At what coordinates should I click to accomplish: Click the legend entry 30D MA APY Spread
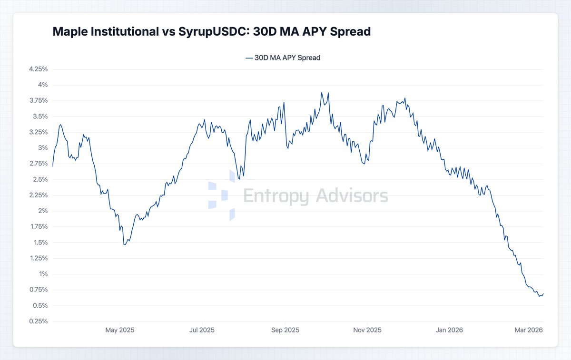tap(283, 58)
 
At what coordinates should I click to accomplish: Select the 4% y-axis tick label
tap(43, 85)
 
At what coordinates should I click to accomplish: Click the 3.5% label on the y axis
tap(40, 117)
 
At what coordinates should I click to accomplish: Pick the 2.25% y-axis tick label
tap(38, 195)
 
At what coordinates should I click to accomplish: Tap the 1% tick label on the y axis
tap(43, 274)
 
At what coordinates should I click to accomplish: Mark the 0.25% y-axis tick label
tap(38, 321)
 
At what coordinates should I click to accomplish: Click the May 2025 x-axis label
tap(119, 330)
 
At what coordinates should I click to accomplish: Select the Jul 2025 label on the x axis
tap(202, 330)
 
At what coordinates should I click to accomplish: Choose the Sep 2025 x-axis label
tap(285, 330)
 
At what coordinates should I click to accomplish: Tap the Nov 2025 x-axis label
tap(367, 330)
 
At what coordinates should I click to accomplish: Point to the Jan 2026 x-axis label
tap(449, 330)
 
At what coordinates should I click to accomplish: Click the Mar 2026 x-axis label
tap(528, 330)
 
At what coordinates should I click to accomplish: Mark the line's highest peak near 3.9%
tap(322, 93)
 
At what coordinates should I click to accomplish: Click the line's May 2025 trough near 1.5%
tap(124, 244)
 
